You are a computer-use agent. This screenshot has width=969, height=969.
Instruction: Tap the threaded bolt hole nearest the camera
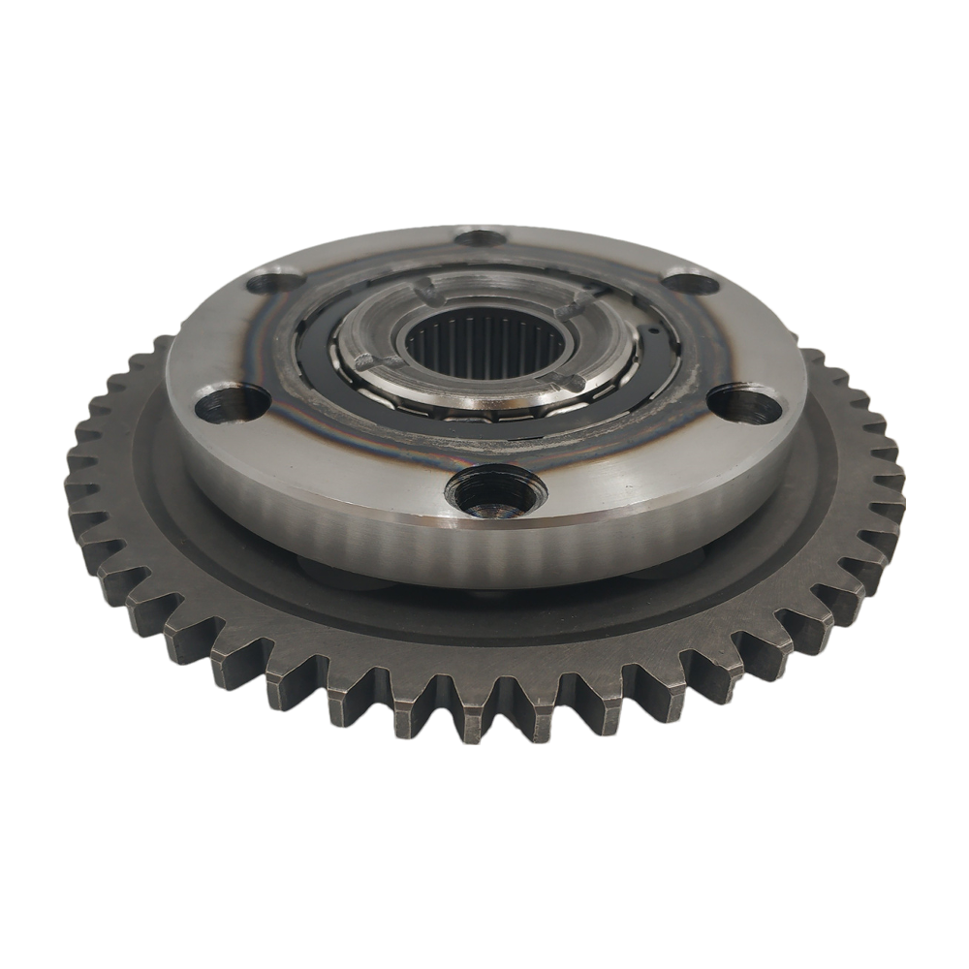[x=494, y=492]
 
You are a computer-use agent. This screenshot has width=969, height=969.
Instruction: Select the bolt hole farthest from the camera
[x=480, y=237]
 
